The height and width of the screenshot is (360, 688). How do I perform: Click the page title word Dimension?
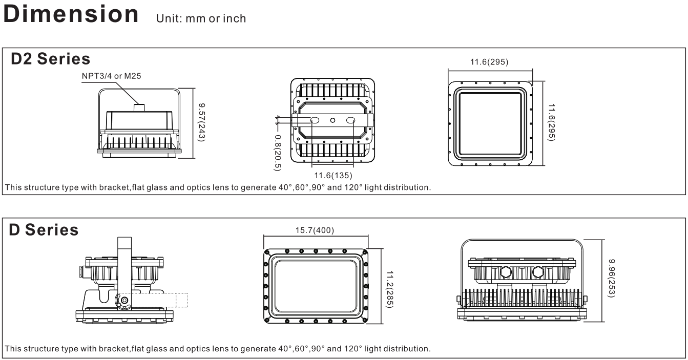click(71, 14)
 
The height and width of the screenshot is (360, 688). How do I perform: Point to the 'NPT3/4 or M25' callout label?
click(111, 76)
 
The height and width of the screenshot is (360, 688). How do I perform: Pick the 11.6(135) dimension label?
click(332, 176)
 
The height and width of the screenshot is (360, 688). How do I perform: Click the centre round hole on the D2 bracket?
click(332, 120)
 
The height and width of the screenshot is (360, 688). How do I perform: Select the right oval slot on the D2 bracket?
click(351, 120)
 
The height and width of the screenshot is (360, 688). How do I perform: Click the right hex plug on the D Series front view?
click(538, 271)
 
